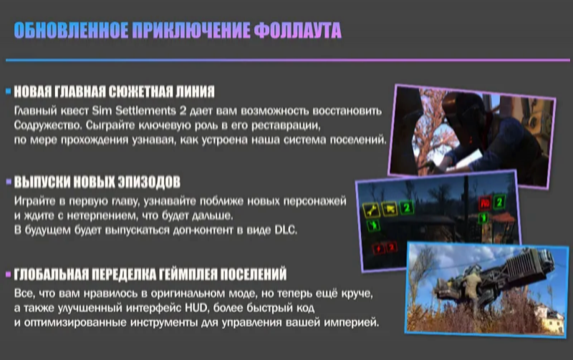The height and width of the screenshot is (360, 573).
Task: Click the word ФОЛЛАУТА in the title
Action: click(297, 30)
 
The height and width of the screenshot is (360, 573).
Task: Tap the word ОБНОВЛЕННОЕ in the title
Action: click(71, 30)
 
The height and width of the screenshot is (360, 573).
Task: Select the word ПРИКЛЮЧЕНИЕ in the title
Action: click(191, 30)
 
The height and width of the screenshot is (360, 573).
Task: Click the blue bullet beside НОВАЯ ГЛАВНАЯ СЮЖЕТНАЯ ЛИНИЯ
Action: click(9, 92)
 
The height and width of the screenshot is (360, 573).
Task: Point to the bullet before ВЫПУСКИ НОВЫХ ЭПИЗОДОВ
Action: click(9, 182)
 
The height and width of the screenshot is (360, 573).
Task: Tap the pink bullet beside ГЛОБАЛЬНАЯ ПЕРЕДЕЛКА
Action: click(9, 274)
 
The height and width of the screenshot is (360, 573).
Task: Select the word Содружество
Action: click(48, 125)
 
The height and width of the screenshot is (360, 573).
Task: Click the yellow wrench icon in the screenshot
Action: click(371, 210)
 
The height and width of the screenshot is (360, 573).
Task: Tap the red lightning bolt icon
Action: click(378, 249)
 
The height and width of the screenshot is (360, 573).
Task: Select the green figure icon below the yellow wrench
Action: click(373, 225)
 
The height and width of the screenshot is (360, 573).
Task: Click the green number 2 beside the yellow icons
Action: click(406, 208)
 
